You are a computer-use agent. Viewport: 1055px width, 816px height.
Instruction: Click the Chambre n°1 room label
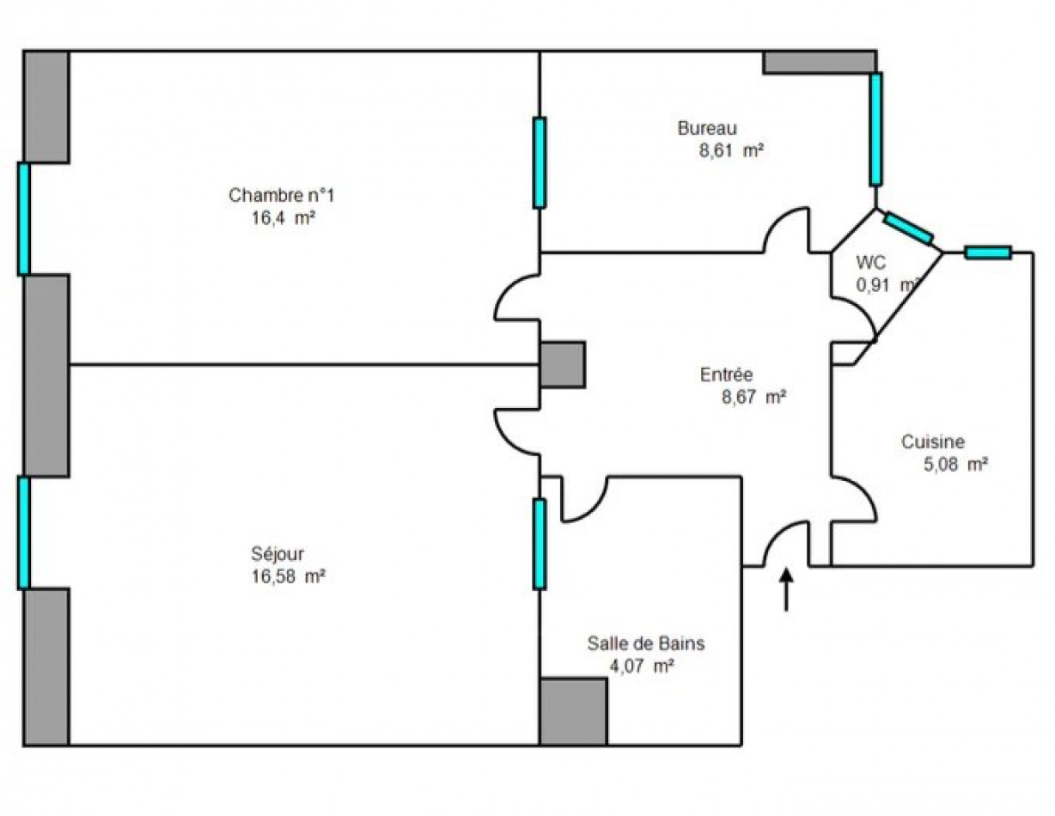282,195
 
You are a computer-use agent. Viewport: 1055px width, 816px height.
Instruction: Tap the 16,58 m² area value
289,576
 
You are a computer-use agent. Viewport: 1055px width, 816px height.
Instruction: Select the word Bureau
707,128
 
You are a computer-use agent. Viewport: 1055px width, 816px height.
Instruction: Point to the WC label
870,263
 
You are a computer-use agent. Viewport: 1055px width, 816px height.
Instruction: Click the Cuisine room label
933,441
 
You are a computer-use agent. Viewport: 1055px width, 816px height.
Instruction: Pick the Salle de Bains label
646,643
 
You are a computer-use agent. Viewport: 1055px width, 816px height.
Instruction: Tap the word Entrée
726,375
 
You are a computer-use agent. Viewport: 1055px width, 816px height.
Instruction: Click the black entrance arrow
786,590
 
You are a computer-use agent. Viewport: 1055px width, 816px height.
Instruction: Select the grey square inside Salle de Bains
573,711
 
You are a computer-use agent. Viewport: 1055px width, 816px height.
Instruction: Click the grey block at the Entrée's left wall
563,365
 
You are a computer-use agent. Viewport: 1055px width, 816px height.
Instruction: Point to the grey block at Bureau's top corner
820,63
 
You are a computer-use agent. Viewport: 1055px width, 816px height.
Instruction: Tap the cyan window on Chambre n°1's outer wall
24,219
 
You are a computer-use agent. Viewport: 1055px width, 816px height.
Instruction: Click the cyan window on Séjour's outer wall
24,533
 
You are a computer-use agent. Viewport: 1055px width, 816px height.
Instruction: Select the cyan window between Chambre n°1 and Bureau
540,163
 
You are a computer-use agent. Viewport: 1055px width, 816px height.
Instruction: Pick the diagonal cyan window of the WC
908,228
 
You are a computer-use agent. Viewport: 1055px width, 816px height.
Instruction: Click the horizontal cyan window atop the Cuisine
988,253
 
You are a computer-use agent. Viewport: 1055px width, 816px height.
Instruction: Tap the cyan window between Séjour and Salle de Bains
540,545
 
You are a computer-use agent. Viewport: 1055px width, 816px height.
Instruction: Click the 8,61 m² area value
731,151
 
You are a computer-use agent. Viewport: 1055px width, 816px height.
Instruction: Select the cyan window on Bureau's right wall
875,129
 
